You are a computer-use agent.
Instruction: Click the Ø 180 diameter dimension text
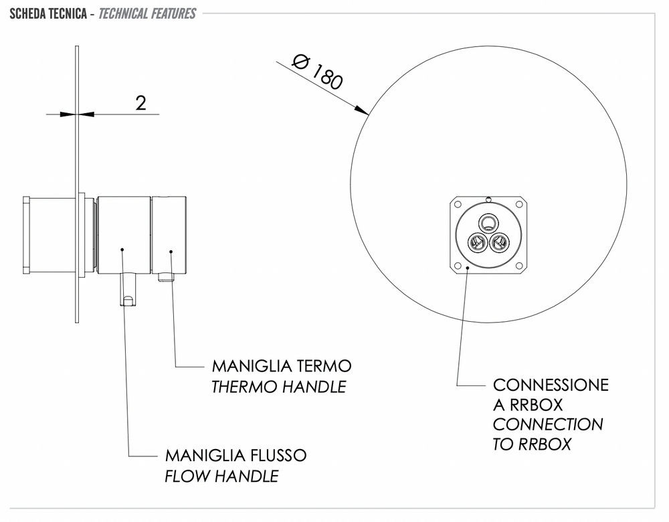(x=318, y=72)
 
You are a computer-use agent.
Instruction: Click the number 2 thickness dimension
(x=140, y=102)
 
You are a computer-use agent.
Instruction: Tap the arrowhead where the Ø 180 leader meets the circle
(x=365, y=110)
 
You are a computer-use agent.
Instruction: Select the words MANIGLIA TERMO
(x=281, y=367)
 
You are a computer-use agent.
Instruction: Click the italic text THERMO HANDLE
(x=279, y=386)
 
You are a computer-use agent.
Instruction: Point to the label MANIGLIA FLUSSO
(x=235, y=456)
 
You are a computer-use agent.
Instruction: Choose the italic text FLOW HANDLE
(x=221, y=476)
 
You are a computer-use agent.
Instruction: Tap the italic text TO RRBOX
(x=532, y=444)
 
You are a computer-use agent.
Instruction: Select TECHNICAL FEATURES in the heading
(x=147, y=13)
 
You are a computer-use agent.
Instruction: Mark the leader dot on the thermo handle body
(x=171, y=252)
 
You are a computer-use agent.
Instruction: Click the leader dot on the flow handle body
(x=123, y=250)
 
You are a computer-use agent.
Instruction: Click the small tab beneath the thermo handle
(x=165, y=277)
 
